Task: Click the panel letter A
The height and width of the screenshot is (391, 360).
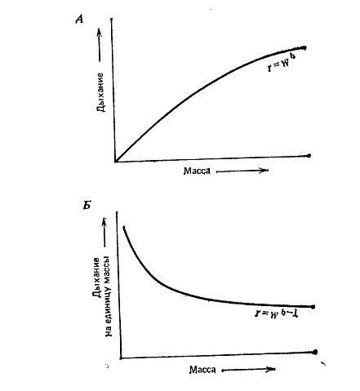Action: click(79, 20)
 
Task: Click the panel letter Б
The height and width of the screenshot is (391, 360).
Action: click(87, 207)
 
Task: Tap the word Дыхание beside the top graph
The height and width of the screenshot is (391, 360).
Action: click(100, 92)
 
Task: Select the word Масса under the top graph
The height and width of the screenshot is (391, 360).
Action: click(197, 171)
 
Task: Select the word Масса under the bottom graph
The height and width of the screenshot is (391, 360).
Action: click(202, 370)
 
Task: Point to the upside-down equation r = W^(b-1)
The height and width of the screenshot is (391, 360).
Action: click(277, 313)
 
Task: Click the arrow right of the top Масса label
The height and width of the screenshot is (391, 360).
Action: click(242, 171)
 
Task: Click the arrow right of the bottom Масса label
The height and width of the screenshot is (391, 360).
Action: click(248, 370)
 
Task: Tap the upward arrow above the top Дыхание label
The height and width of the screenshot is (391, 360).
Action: click(100, 44)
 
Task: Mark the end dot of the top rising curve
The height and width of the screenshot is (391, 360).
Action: click(304, 48)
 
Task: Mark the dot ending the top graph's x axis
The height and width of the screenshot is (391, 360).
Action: click(309, 156)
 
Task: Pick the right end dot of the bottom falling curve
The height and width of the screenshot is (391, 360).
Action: click(313, 307)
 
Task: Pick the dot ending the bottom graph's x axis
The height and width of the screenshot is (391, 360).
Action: click(315, 352)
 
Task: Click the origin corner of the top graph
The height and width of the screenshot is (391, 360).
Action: click(115, 162)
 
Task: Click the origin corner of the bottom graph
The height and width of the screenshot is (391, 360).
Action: click(121, 358)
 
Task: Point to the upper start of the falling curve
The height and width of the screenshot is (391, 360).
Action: click(124, 227)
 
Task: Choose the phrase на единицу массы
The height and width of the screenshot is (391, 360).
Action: click(109, 295)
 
